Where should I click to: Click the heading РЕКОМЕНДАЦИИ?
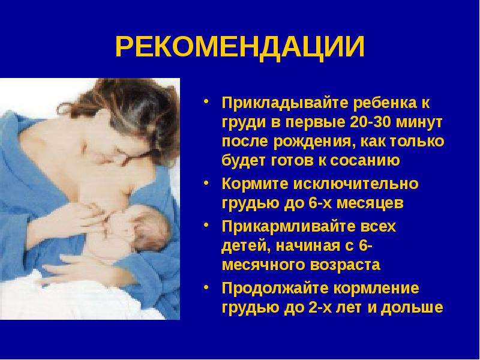pyautogui.click(x=240, y=47)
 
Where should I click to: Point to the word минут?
pyautogui.click(x=419, y=122)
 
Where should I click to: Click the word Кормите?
pyautogui.click(x=255, y=184)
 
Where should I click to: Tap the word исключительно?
pyautogui.click(x=356, y=184)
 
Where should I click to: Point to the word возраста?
pyautogui.click(x=345, y=265)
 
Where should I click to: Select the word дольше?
pyautogui.click(x=412, y=308)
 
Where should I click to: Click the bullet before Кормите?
pyautogui.click(x=206, y=183)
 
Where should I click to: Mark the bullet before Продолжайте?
pyautogui.click(x=206, y=287)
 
